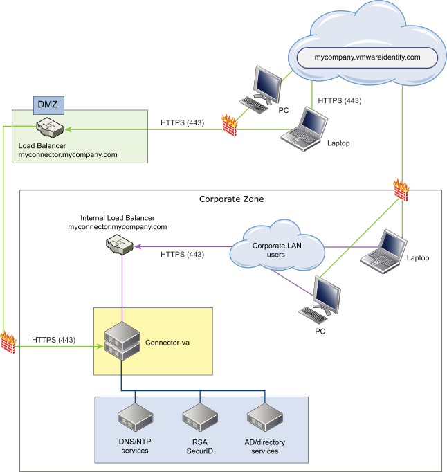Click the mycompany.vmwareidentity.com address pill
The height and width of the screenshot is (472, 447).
(368, 57)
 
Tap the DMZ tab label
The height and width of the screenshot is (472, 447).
(47, 104)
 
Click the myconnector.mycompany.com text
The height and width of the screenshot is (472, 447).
(68, 155)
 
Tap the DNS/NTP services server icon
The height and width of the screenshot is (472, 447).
(135, 418)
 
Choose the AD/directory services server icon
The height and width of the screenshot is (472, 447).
(264, 418)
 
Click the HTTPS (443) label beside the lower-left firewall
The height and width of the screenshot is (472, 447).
(54, 340)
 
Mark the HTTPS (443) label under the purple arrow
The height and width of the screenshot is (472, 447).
(182, 255)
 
